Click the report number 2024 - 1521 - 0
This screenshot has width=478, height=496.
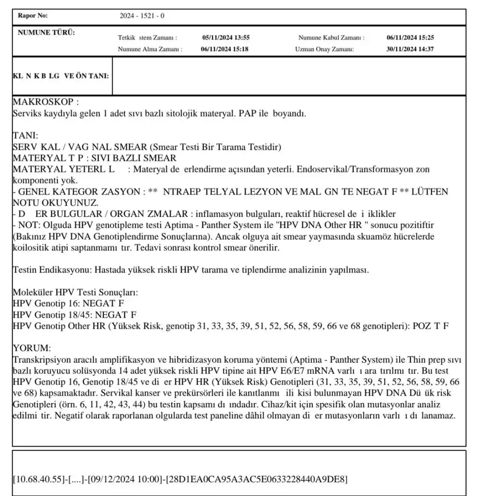[x=142, y=16]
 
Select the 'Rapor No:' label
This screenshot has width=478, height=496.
[x=33, y=16]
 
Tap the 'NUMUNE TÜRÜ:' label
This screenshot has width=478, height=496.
[x=46, y=33]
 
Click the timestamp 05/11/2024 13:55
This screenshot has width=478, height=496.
[x=226, y=37]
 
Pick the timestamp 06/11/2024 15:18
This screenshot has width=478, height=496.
[x=225, y=49]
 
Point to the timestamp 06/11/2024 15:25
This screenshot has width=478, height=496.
[x=410, y=37]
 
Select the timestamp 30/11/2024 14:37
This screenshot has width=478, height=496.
[x=410, y=49]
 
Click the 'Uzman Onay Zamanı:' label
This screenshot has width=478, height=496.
[x=324, y=49]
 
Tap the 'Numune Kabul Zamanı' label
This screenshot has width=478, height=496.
[x=331, y=37]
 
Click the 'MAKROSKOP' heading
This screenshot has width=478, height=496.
[x=45, y=103]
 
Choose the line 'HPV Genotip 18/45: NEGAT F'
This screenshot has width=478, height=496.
[x=74, y=315]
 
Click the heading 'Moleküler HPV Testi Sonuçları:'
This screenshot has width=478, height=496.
[x=75, y=293]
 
